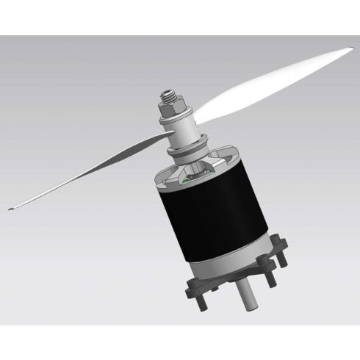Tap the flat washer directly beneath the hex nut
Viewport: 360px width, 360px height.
click(x=174, y=120)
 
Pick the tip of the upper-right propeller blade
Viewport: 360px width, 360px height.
click(x=348, y=51)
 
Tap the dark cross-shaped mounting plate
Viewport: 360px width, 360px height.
click(x=242, y=279)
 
